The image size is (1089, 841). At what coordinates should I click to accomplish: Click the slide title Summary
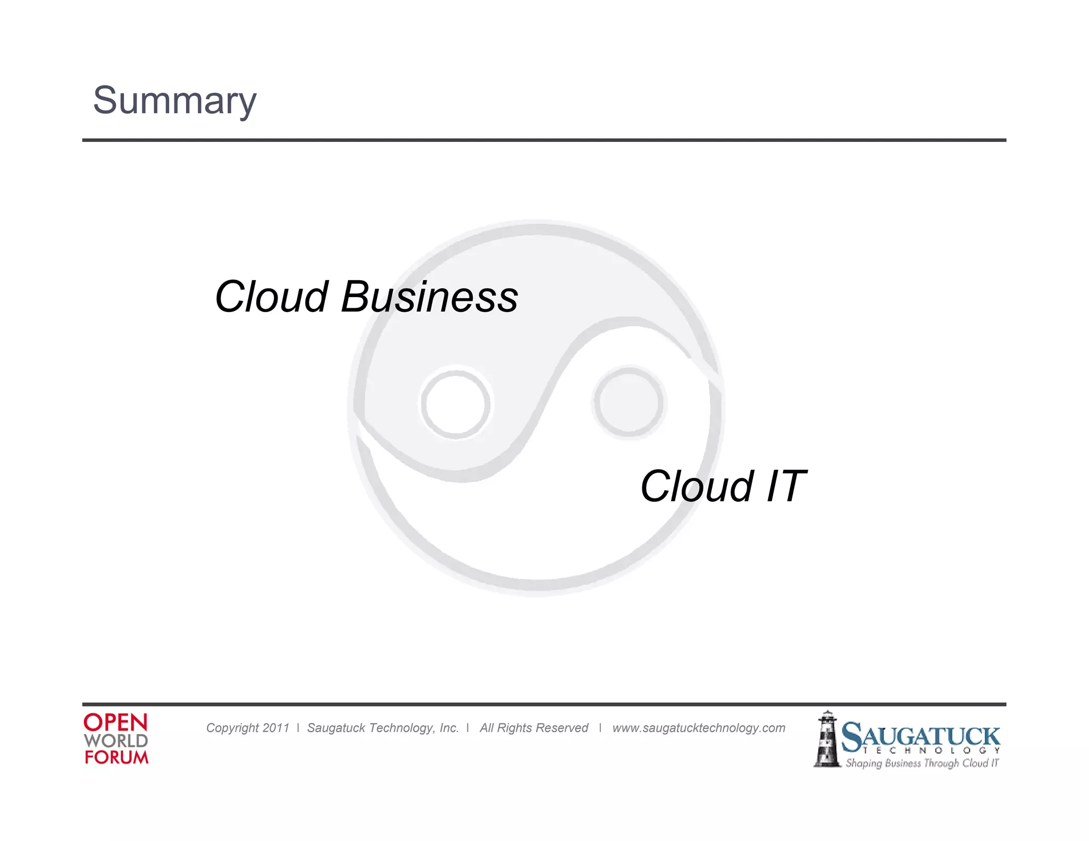click(174, 100)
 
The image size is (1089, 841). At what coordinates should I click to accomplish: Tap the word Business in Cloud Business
click(429, 297)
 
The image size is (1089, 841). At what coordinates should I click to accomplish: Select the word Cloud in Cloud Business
click(271, 297)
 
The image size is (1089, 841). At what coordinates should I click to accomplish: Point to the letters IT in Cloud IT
click(785, 486)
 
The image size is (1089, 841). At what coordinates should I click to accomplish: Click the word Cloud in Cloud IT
click(697, 486)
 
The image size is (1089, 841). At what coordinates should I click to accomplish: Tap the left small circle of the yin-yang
click(456, 403)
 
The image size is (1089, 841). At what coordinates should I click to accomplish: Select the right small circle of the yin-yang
click(629, 402)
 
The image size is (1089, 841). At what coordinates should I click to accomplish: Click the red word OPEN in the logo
click(115, 722)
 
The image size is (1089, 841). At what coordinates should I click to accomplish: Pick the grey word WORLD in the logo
click(115, 741)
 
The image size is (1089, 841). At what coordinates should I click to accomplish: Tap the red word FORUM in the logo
click(116, 757)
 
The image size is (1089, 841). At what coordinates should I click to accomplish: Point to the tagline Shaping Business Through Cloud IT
click(922, 763)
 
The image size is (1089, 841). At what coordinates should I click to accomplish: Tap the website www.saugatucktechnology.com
click(698, 728)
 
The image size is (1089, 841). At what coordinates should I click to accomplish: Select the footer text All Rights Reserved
click(534, 728)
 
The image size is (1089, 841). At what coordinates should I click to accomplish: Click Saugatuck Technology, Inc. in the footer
click(383, 728)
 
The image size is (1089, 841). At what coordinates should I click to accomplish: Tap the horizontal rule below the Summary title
click(543, 140)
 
